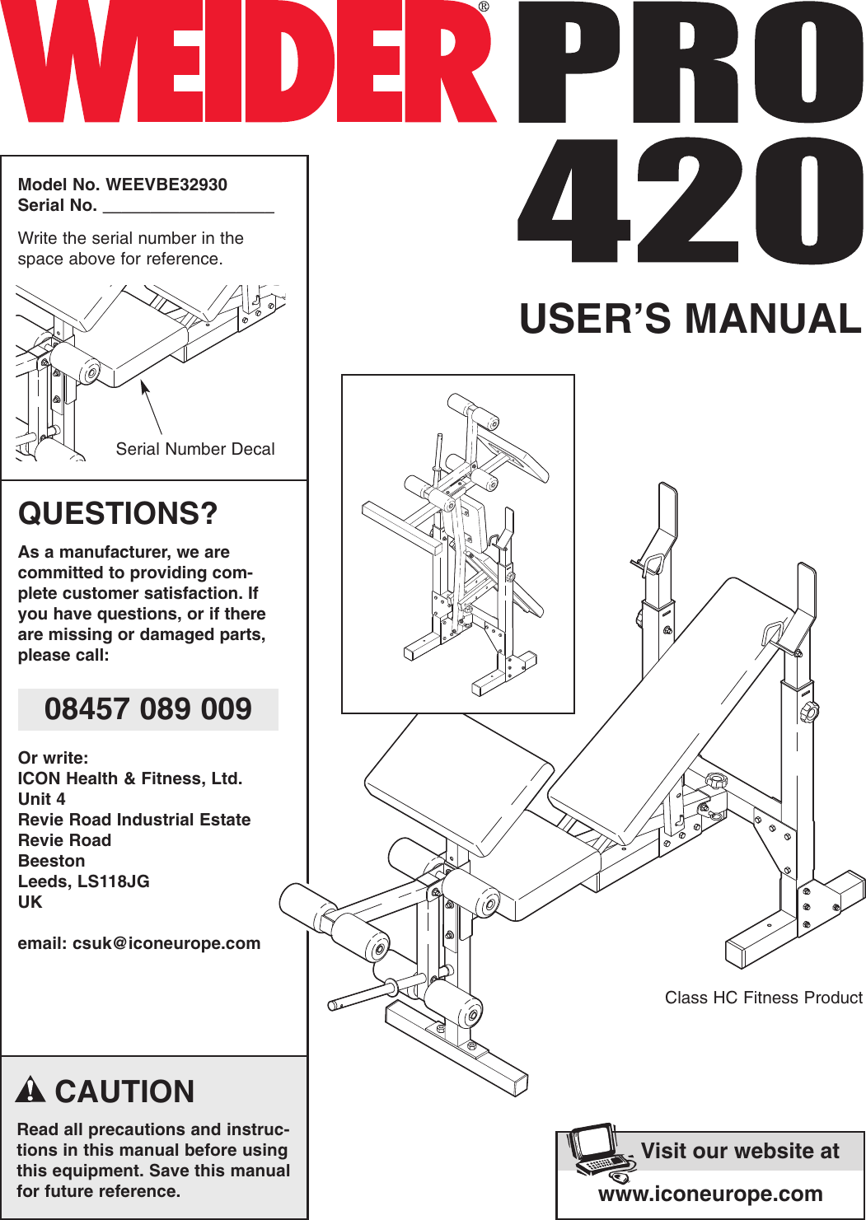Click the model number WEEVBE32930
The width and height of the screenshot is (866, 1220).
(x=166, y=185)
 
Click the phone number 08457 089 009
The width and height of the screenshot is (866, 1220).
(x=148, y=709)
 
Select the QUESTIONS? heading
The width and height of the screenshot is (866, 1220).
(x=118, y=514)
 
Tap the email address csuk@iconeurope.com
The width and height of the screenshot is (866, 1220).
(x=166, y=943)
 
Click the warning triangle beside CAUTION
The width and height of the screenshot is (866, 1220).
(x=30, y=1090)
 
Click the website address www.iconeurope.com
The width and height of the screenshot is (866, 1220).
(x=710, y=1194)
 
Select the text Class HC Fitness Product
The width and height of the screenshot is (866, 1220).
(x=763, y=998)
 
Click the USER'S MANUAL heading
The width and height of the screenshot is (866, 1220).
(x=690, y=319)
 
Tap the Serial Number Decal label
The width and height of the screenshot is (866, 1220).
(x=195, y=449)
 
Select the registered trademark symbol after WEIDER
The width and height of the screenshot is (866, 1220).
(x=484, y=7)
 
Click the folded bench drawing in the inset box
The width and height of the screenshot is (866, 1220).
(x=458, y=544)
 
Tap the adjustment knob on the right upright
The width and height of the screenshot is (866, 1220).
(x=809, y=711)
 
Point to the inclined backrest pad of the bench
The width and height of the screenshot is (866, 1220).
(x=667, y=700)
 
